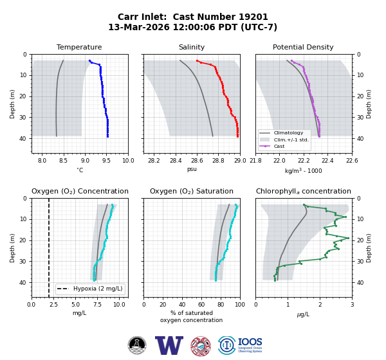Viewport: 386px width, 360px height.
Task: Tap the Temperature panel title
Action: coord(79,47)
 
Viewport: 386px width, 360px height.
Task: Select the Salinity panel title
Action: coord(192,47)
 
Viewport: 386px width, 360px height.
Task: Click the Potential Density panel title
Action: coord(303,47)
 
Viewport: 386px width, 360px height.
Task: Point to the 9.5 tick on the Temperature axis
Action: coord(106,161)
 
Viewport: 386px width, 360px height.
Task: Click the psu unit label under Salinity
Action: coord(192,169)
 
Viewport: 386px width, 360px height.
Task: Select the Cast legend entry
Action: coord(272,146)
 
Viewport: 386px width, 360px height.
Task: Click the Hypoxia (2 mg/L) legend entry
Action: coord(90,289)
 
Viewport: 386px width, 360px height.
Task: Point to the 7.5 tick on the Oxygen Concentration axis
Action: coord(97,305)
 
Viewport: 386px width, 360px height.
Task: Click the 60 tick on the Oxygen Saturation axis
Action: coord(201,305)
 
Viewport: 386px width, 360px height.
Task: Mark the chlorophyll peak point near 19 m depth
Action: coord(348,238)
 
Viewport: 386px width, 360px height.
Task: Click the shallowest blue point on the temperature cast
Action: coord(89,60)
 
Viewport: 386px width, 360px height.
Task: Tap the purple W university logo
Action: coord(169,345)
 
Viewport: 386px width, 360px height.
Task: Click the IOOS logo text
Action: coord(250,342)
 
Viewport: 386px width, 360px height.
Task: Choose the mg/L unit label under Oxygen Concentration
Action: coord(79,313)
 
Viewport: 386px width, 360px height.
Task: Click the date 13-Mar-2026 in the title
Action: coord(139,27)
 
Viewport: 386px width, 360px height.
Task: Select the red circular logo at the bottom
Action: coord(201,346)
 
